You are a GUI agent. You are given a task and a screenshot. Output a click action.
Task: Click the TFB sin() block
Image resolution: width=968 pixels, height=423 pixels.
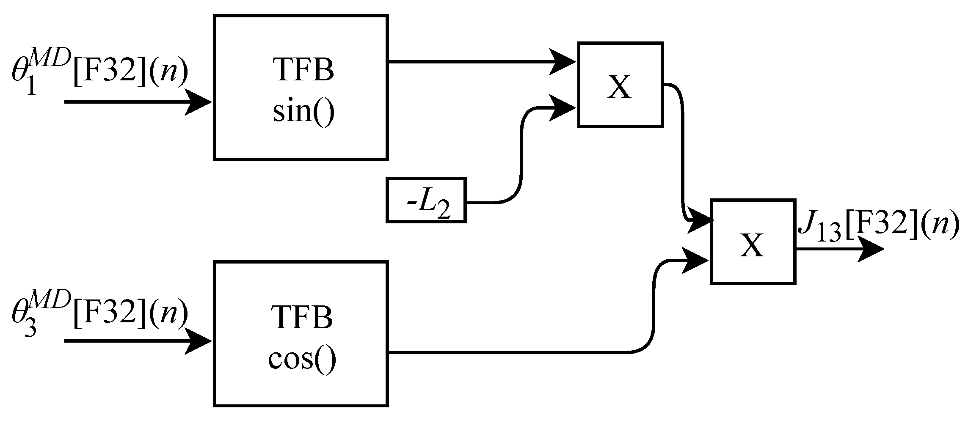tap(301, 88)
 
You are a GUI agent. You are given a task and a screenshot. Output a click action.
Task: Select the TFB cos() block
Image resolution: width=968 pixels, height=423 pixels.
tap(301, 334)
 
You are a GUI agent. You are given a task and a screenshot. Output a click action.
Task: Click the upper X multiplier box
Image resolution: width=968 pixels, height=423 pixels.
tap(620, 84)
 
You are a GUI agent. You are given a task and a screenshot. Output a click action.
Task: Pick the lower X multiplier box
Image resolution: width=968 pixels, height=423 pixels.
tap(753, 241)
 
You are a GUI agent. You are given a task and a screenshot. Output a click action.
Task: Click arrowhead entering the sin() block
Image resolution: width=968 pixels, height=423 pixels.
tap(199, 102)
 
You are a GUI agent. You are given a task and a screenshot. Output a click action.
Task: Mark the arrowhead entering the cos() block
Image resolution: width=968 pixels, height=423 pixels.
tap(199, 341)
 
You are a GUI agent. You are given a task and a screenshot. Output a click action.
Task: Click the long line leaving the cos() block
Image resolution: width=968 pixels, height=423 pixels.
tap(508, 352)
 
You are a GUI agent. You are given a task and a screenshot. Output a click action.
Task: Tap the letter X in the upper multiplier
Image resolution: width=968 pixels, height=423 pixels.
tap(619, 87)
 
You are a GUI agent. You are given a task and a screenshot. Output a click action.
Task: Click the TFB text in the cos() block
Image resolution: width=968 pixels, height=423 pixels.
tap(302, 317)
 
